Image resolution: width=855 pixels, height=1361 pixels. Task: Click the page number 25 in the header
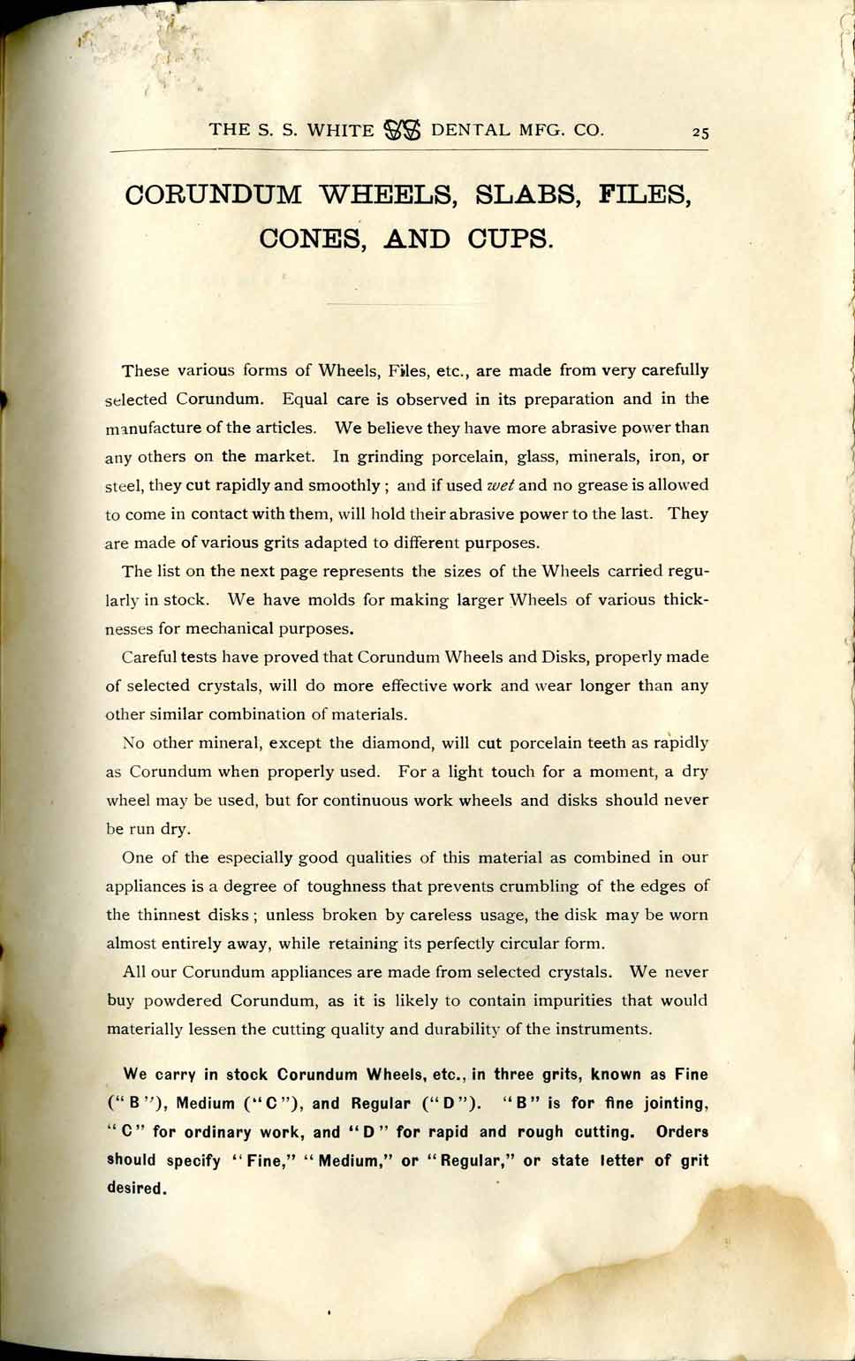(700, 132)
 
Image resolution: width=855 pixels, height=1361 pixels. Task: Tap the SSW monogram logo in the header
(403, 130)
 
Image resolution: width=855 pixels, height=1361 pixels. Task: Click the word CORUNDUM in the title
(214, 194)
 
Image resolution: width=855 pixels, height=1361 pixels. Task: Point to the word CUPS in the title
(510, 239)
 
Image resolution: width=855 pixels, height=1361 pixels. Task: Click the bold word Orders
(682, 1132)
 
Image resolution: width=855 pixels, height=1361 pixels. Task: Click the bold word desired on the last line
(136, 1189)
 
